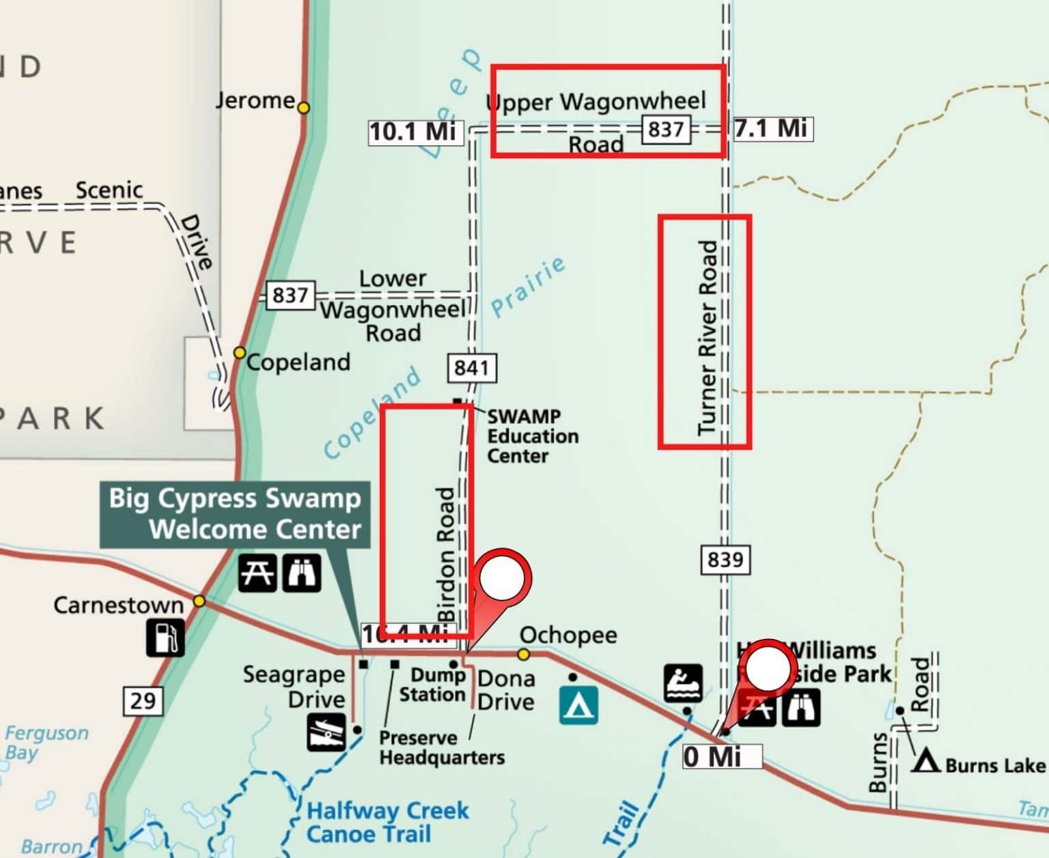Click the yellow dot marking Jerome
(304, 107)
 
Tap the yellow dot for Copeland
(239, 352)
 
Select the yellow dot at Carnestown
(199, 601)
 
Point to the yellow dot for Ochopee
(524, 655)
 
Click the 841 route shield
(472, 368)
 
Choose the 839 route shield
(725, 560)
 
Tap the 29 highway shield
(143, 700)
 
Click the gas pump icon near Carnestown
(165, 637)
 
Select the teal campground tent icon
(578, 705)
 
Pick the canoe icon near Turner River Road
(683, 683)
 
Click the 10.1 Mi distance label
(415, 130)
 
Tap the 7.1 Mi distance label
(773, 128)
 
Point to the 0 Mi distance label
(721, 756)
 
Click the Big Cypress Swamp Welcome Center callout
(235, 514)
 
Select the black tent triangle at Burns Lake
(926, 761)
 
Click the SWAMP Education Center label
(532, 435)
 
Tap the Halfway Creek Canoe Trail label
(387, 823)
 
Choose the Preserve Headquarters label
(442, 747)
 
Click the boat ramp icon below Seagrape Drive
(326, 732)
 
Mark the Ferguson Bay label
(46, 743)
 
